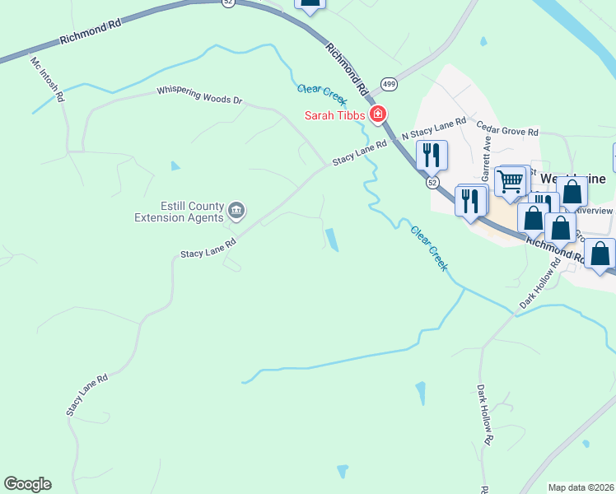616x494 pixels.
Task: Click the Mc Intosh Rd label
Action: [x=48, y=79]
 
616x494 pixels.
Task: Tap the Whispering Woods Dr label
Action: [x=202, y=95]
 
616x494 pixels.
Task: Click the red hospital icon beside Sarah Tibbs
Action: [x=378, y=114]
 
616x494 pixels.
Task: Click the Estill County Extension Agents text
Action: [x=180, y=212]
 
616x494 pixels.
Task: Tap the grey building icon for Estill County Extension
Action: [x=236, y=212]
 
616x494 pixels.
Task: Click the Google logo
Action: [x=28, y=484]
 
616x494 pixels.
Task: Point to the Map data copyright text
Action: [x=581, y=487]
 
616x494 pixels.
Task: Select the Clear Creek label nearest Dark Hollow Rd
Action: [x=429, y=249]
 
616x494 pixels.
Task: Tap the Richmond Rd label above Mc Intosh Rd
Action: [x=91, y=33]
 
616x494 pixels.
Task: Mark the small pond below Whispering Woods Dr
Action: [x=175, y=166]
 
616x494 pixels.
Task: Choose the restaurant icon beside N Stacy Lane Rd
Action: [x=432, y=153]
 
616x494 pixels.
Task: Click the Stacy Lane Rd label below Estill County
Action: [x=208, y=249]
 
